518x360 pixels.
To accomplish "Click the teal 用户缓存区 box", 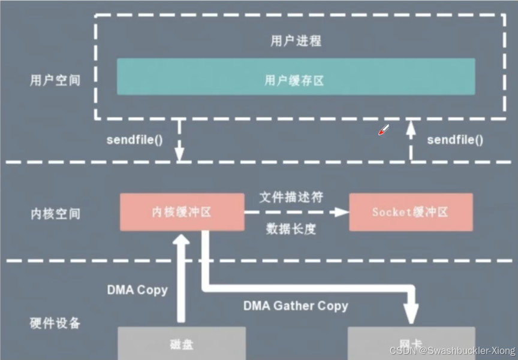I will pos(296,77).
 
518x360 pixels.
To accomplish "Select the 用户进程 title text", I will pos(296,41).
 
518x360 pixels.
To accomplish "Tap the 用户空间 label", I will pos(55,80).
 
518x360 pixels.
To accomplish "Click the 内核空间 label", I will pos(55,213).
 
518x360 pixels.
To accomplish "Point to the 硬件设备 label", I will pos(55,323).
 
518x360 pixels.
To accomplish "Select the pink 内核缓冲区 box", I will pos(182,212).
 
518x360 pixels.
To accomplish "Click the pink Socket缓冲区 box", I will pos(411,212).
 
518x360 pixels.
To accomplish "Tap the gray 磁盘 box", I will pos(182,343).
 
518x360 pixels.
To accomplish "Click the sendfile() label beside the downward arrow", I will pos(135,140).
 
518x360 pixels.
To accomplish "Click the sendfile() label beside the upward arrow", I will pos(455,140).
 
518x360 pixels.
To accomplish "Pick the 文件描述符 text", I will pos(292,197).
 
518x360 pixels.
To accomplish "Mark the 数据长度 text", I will pos(292,228).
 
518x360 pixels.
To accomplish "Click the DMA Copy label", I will pos(137,290).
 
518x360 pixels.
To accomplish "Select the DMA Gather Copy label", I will pos(296,305).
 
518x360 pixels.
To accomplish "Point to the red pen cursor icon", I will pos(384,130).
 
